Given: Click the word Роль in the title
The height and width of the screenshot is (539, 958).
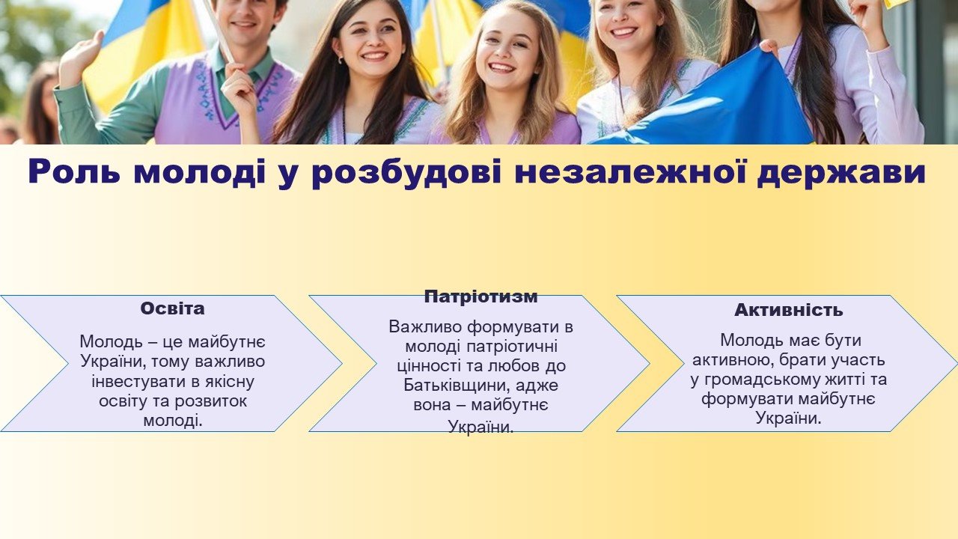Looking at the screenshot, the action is point(74,171).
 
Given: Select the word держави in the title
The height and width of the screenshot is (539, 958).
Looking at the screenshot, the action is point(841,173).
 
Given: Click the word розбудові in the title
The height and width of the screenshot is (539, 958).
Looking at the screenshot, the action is point(406,173).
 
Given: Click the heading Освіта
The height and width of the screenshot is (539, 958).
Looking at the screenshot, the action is point(172,308).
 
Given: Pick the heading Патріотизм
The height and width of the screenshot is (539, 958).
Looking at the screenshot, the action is point(480,296).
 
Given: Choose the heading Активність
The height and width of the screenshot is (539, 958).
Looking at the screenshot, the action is point(789,310).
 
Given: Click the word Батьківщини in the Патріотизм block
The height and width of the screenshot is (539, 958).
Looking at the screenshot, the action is point(457,386).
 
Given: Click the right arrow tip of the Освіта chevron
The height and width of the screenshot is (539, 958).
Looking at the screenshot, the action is point(342,364).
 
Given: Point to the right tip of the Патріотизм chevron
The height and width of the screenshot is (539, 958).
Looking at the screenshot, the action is point(649,364).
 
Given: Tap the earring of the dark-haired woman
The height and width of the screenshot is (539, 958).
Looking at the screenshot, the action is point(341,61).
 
